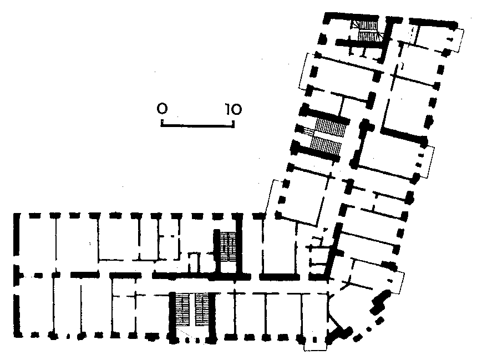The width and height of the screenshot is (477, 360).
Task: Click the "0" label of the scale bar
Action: [x=162, y=108]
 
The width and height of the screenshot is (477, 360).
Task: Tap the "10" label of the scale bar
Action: [x=234, y=109]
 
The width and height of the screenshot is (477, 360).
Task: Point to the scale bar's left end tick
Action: [x=162, y=123]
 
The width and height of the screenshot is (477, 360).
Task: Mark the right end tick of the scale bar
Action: [x=234, y=123]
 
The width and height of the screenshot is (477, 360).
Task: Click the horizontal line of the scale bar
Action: [x=198, y=125]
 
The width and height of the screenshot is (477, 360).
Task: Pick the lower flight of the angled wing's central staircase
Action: [x=326, y=146]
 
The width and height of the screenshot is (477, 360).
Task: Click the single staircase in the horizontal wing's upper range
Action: [x=228, y=246]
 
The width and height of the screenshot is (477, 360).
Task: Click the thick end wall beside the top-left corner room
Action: [x=17, y=234]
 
